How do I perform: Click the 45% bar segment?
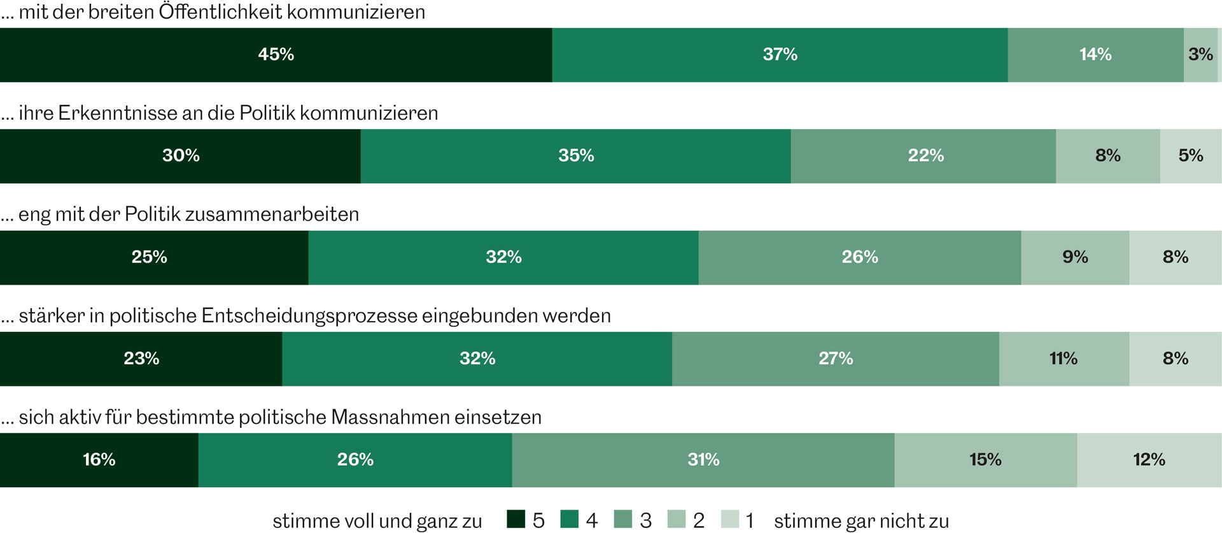276,55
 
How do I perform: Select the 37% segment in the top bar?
780,55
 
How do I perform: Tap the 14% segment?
1095,55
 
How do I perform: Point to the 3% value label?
1200,55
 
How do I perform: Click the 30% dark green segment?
180,156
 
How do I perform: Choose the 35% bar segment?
575,156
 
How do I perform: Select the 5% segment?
1190,156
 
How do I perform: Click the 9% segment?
1075,257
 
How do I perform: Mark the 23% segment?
141,359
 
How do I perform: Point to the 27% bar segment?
835,359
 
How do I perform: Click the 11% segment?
1064,359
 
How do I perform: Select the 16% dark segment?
99,460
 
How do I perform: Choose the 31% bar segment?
703,460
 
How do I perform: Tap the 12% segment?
1149,460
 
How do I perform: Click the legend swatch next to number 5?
516,520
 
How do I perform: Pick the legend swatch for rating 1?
730,520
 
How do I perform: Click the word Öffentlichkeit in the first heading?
220,12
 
